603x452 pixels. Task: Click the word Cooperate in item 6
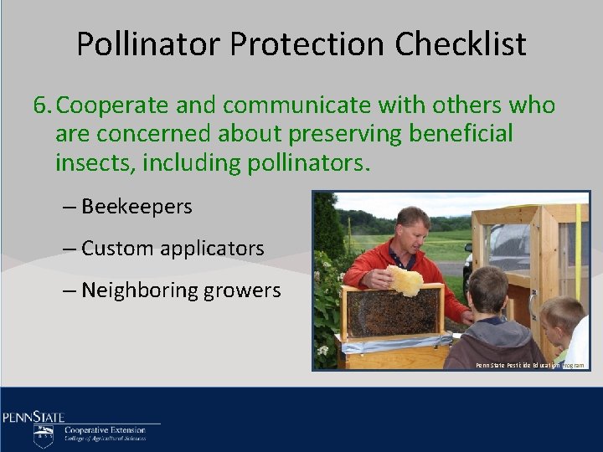coord(114,105)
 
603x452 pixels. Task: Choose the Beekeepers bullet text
coord(137,206)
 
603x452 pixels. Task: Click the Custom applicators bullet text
coord(173,249)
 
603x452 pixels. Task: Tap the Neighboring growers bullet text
coord(181,290)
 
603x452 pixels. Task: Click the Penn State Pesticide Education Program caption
coord(530,366)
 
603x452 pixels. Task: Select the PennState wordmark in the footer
coord(33,417)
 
